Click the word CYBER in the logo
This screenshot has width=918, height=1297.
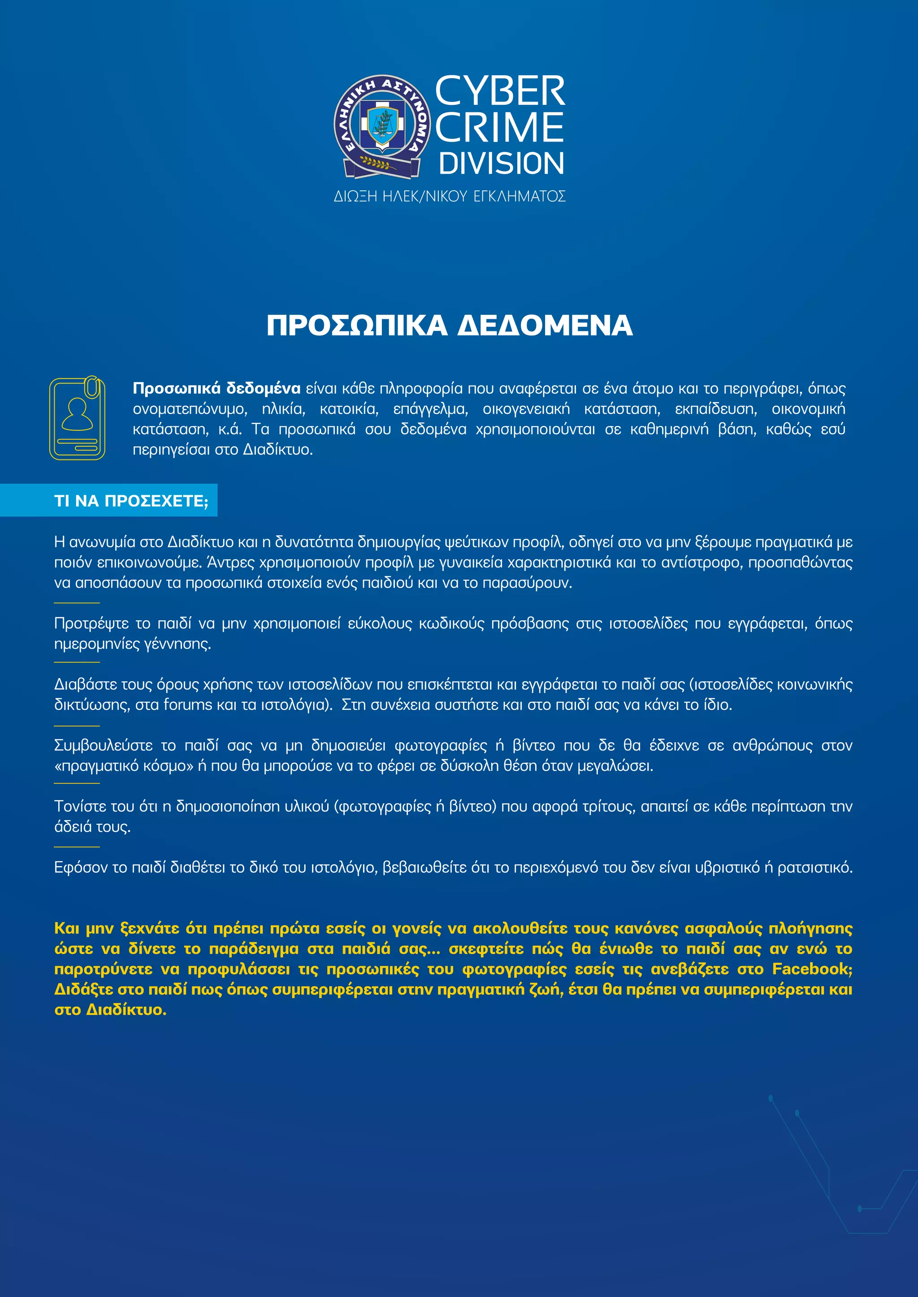[500, 91]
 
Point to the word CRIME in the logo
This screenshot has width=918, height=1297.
[500, 128]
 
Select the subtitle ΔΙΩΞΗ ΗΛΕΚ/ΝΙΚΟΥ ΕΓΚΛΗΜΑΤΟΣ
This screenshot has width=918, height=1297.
[450, 197]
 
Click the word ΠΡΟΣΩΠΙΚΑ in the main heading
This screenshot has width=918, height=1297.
[357, 326]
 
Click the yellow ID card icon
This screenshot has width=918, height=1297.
[78, 417]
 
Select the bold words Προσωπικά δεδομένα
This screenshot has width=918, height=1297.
[217, 389]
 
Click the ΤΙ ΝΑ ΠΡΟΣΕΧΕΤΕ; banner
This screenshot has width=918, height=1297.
[131, 501]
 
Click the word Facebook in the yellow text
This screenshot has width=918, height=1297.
[812, 969]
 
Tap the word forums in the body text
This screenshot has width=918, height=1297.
[188, 705]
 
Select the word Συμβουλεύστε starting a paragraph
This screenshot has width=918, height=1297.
[104, 746]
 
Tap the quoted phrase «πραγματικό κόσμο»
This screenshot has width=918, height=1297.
[123, 766]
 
